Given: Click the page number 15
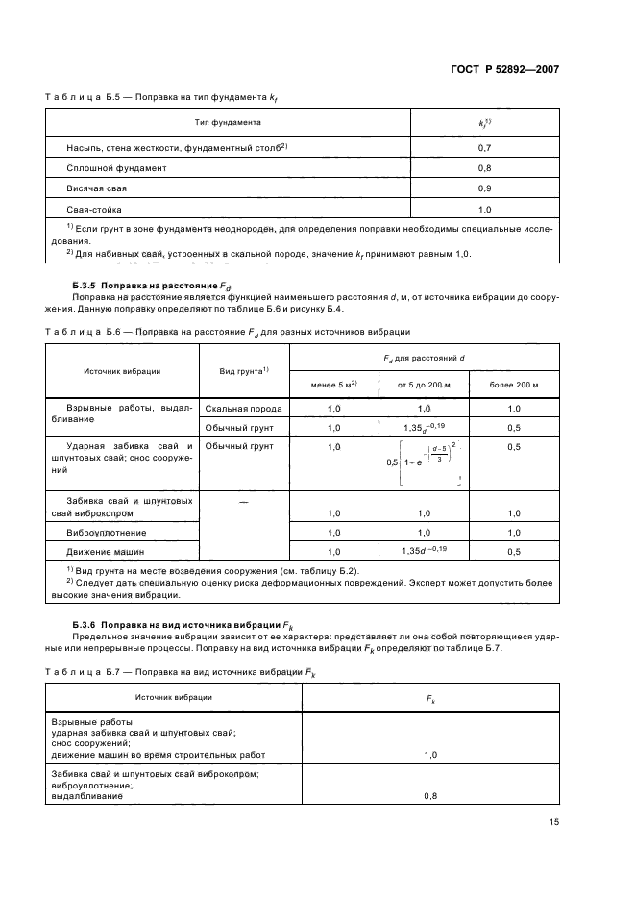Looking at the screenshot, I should (554, 821).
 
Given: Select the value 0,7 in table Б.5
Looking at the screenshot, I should (484, 148).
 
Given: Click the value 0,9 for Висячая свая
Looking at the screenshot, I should (484, 187).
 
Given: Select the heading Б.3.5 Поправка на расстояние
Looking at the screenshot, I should (152, 286).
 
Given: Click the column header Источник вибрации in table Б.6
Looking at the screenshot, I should (122, 370).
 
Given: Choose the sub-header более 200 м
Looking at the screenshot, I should (513, 385).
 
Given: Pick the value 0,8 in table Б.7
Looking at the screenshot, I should (429, 796).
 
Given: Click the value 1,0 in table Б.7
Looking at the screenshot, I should (429, 755).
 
